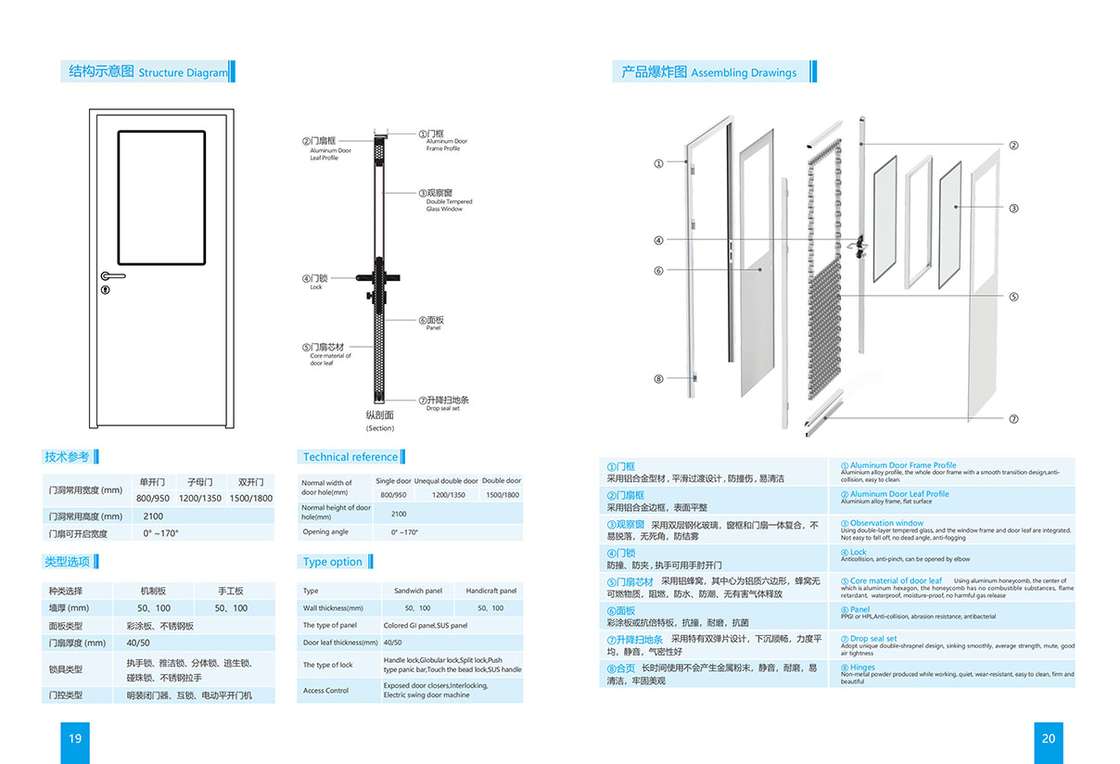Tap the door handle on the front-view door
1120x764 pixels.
pyautogui.click(x=112, y=275)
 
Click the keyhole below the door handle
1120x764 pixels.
pyautogui.click(x=104, y=290)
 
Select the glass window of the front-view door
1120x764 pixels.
pyautogui.click(x=161, y=197)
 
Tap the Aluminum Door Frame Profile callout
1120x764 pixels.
pyautogui.click(x=445, y=141)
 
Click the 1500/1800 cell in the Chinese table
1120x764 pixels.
pyautogui.click(x=250, y=498)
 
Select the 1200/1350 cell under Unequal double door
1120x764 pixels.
pyautogui.click(x=449, y=495)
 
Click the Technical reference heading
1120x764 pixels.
pyautogui.click(x=350, y=457)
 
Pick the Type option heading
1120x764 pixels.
pyautogui.click(x=332, y=562)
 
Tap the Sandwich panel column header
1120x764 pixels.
pyautogui.click(x=418, y=591)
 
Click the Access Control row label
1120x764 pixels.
pyautogui.click(x=326, y=691)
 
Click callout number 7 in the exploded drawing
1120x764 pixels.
pyautogui.click(x=1013, y=419)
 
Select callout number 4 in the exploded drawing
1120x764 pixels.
pyautogui.click(x=658, y=240)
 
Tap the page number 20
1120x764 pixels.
pyautogui.click(x=1048, y=738)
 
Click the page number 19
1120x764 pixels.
pyautogui.click(x=75, y=738)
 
